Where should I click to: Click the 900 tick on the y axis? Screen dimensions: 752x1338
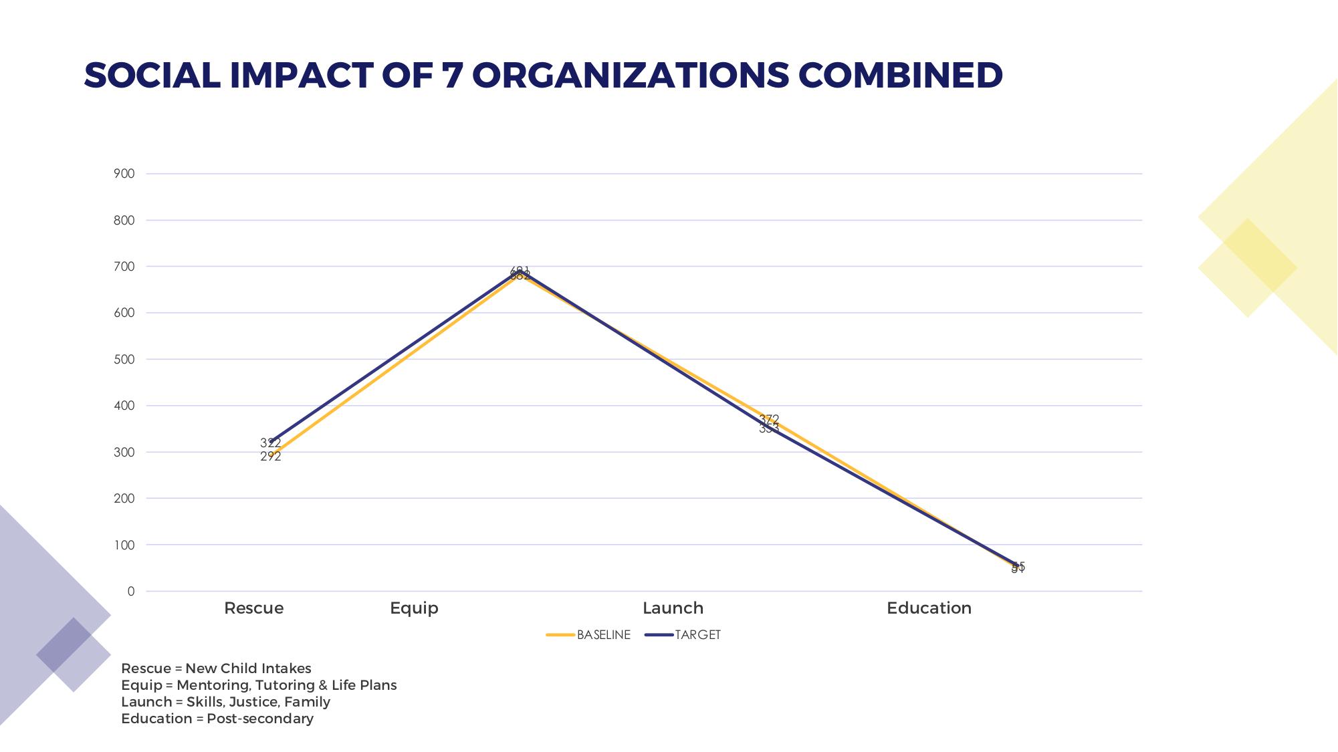click(124, 174)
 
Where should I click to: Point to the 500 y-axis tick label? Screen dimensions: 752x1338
click(124, 360)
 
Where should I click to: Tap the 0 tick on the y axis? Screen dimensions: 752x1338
click(131, 592)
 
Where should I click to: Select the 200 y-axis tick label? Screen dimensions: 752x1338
click(124, 499)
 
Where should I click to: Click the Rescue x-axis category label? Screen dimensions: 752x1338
click(254, 608)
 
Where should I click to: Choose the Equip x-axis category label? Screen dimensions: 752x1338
click(415, 608)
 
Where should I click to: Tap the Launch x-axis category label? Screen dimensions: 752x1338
click(673, 608)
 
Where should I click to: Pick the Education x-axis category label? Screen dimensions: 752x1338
click(929, 608)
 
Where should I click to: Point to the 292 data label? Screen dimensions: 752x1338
click(271, 457)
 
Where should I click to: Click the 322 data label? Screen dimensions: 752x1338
click(271, 443)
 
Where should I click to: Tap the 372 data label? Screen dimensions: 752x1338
click(769, 419)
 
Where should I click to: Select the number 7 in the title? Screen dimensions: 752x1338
click(453, 75)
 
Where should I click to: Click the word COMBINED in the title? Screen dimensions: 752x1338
click(901, 75)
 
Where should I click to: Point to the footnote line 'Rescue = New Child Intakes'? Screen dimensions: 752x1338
click(216, 668)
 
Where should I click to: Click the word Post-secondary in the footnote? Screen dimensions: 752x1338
click(260, 719)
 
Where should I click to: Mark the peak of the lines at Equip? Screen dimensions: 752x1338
click(520, 272)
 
